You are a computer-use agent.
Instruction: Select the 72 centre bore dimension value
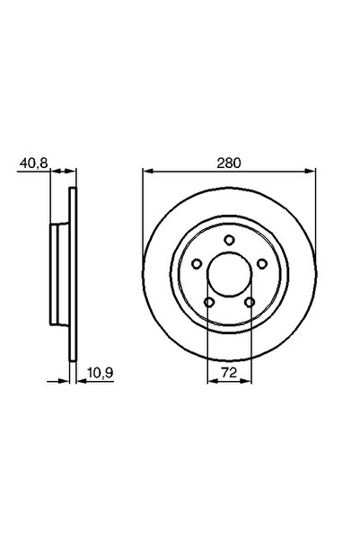(229, 370)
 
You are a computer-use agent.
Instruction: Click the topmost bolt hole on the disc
(229, 240)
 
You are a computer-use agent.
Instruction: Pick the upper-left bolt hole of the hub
(196, 263)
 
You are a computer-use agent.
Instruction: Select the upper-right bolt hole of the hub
(262, 263)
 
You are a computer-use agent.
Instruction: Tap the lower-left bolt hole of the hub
(208, 302)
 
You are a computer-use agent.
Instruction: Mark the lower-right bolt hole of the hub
(250, 302)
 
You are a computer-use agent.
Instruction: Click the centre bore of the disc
(229, 274)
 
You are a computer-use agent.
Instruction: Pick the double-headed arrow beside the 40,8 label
(60, 172)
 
